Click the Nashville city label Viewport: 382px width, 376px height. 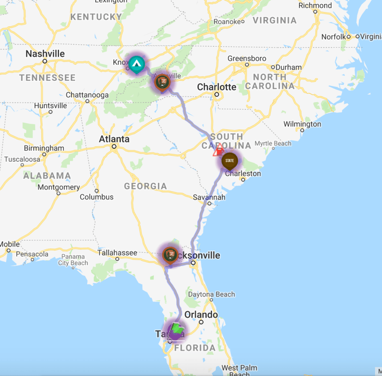click(45, 54)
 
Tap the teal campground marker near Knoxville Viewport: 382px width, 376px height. click(136, 65)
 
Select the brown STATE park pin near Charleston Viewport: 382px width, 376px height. click(229, 161)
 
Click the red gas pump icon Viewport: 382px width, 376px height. click(218, 151)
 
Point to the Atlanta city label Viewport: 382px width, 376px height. click(114, 139)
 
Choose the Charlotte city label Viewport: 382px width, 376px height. click(216, 87)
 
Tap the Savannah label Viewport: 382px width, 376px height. click(209, 197)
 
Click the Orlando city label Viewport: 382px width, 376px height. click(201, 315)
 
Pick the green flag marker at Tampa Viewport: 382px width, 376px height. click(176, 329)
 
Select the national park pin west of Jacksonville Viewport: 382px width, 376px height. click(170, 254)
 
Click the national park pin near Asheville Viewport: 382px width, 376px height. click(162, 82)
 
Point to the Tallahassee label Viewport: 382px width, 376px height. click(117, 253)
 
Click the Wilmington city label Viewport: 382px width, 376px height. click(302, 124)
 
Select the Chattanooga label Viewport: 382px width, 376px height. click(87, 95)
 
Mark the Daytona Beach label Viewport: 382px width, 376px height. click(211, 294)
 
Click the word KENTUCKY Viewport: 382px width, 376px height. click(96, 17)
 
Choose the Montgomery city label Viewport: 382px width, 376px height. click(58, 187)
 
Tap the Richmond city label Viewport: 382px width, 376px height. click(315, 6)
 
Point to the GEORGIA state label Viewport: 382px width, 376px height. click(145, 186)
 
